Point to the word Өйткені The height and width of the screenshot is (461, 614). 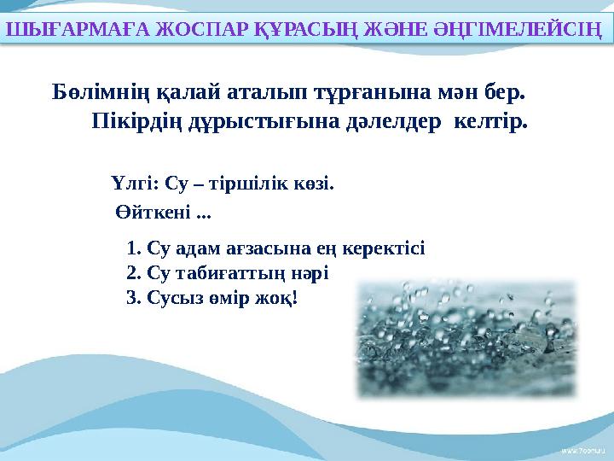point(153,210)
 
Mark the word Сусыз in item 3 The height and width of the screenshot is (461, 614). point(171,298)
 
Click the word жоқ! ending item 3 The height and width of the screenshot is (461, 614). point(281,298)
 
